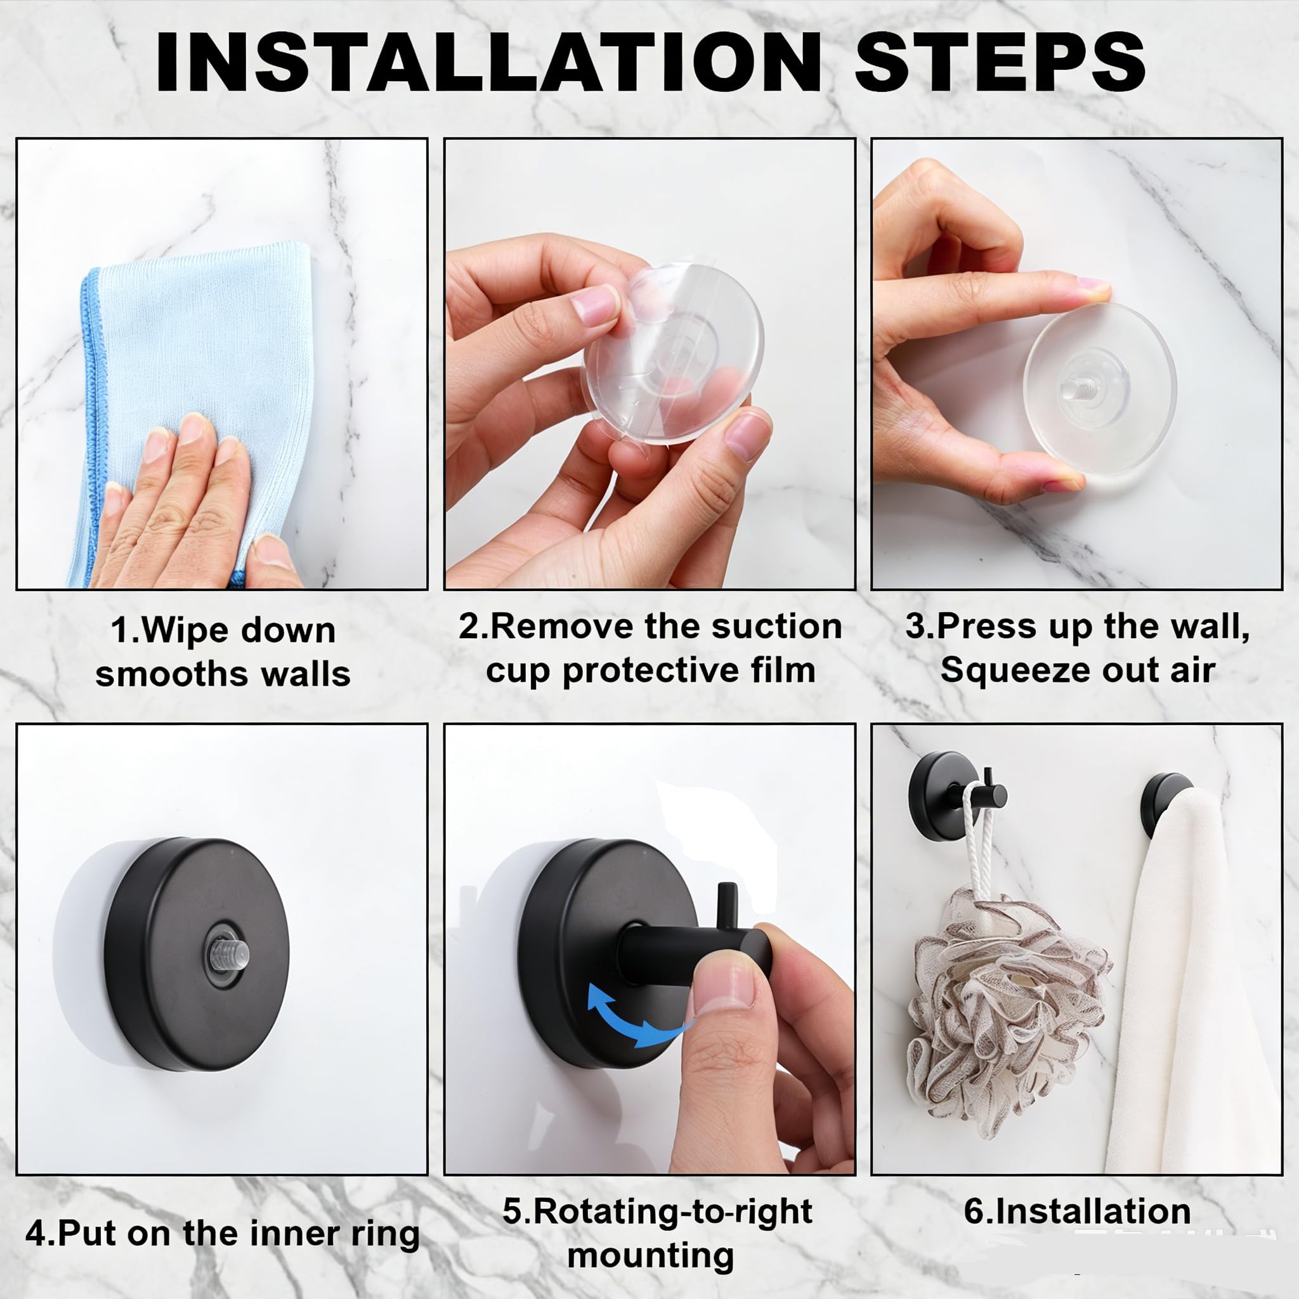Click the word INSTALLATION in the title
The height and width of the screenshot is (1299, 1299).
pyautogui.click(x=488, y=62)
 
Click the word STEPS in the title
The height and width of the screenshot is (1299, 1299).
pyautogui.click(x=1000, y=62)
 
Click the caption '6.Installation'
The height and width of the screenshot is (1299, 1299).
pyautogui.click(x=1077, y=1211)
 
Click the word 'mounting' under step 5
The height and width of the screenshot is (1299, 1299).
pyautogui.click(x=650, y=1255)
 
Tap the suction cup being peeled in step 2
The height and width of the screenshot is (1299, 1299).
pyautogui.click(x=672, y=353)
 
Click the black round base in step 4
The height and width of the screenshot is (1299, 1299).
pyautogui.click(x=197, y=955)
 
